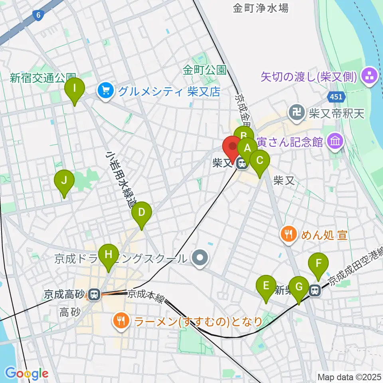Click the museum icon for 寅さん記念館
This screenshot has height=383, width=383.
335,141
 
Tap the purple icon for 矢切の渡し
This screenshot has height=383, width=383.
370,76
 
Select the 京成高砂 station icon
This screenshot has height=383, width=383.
94,295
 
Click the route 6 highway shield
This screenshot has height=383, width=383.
38,15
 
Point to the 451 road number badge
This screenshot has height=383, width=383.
335,97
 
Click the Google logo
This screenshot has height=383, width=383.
27,373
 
